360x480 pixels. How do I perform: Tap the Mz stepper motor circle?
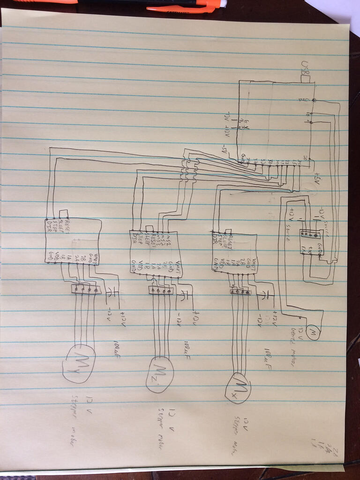160,374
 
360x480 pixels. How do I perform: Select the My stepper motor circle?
79,363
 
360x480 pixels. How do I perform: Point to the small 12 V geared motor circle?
313,332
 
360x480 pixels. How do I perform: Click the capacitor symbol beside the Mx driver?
264,294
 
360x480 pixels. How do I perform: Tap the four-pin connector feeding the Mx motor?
240,292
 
